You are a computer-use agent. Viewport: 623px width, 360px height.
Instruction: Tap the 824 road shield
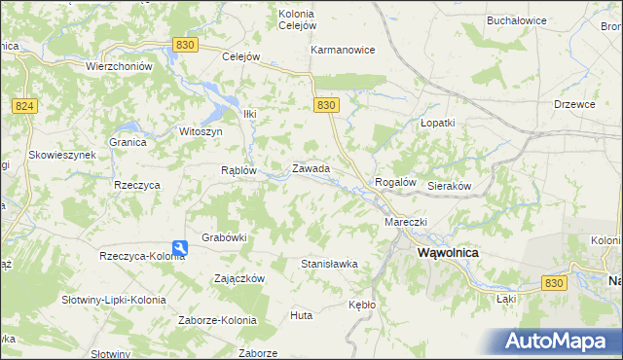pyautogui.click(x=25, y=105)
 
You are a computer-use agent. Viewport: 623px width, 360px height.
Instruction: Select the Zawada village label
pyautogui.click(x=311, y=169)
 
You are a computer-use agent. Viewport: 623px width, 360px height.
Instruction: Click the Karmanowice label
pyautogui.click(x=343, y=50)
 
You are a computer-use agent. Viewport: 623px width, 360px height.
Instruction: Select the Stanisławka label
pyautogui.click(x=329, y=264)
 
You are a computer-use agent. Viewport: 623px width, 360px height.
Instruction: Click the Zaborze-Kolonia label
pyautogui.click(x=217, y=320)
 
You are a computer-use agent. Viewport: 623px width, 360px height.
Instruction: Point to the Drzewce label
pyautogui.click(x=573, y=104)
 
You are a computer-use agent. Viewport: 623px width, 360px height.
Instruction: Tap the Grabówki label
pyautogui.click(x=224, y=236)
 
